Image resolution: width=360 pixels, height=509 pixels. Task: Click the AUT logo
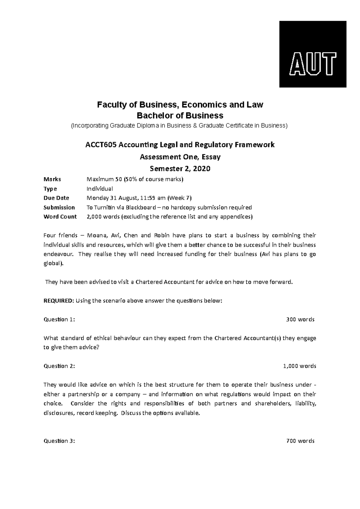(313, 54)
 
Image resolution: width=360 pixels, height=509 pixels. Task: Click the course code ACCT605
(101, 145)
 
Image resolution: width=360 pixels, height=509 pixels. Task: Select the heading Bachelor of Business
(180, 115)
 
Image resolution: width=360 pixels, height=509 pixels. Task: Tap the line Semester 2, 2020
(180, 169)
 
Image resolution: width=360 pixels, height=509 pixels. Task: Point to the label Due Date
(56, 198)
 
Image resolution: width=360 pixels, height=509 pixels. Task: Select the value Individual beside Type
(100, 189)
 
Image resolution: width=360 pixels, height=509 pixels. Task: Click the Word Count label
(60, 217)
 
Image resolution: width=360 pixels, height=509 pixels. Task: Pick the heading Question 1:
(59, 320)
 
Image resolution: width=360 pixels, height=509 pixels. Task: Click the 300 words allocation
(300, 320)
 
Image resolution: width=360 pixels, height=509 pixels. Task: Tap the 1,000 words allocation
(299, 366)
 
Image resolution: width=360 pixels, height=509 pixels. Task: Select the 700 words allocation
(300, 441)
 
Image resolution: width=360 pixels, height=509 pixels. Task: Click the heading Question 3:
(59, 441)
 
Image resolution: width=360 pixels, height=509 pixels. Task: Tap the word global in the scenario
(53, 264)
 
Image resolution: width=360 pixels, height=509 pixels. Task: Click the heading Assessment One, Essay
(180, 157)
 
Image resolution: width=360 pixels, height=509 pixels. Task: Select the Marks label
(52, 179)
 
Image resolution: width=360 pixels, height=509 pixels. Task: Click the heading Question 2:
(59, 366)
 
